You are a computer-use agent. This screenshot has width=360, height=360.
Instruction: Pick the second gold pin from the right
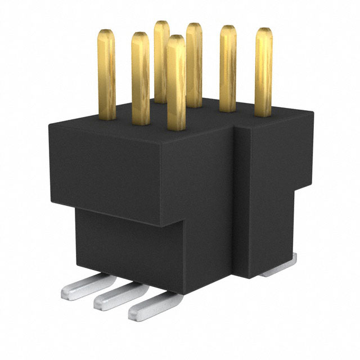coord(228,67)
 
